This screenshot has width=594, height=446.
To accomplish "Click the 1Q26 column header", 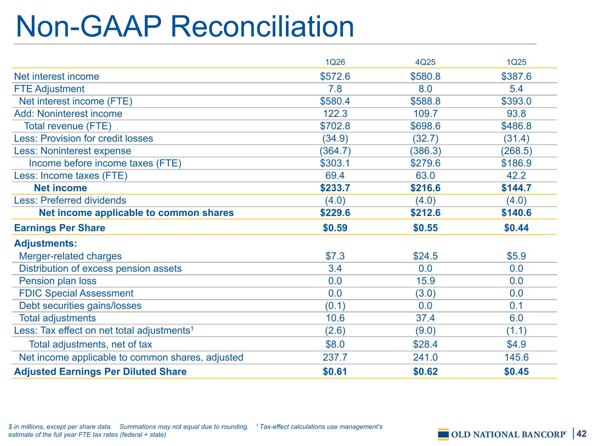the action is coord(335,62).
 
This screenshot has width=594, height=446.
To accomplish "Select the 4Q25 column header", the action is coord(425,62).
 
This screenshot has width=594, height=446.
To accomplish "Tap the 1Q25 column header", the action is coord(516,62).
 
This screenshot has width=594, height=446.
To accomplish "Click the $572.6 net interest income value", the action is coord(335,76).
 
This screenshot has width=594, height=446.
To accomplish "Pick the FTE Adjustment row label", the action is coord(49,89).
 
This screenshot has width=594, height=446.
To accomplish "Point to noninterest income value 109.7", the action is coord(425,114).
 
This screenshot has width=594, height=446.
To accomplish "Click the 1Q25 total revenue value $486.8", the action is coord(516,126).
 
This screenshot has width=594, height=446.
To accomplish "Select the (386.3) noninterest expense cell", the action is coord(425,151).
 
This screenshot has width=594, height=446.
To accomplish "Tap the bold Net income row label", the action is coord(60,188).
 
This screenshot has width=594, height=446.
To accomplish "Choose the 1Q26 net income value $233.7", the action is coord(335,188).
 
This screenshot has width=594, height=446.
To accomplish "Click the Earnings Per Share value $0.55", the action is coord(425,228).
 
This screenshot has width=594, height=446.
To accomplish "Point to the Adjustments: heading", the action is coord(45,243).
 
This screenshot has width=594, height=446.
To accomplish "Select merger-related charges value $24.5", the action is coord(425,256).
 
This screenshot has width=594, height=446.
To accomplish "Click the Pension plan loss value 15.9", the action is coord(425,281).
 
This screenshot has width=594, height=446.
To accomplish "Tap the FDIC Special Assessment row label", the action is coord(76,293).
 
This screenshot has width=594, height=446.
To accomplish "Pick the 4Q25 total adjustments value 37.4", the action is coord(425,318).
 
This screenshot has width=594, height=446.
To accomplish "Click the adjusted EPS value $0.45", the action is coord(516,372).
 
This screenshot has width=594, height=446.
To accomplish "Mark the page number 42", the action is coord(581,433).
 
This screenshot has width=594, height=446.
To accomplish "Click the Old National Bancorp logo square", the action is coord(443,434).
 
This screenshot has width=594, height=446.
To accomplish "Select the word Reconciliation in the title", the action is coord(262,27).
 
